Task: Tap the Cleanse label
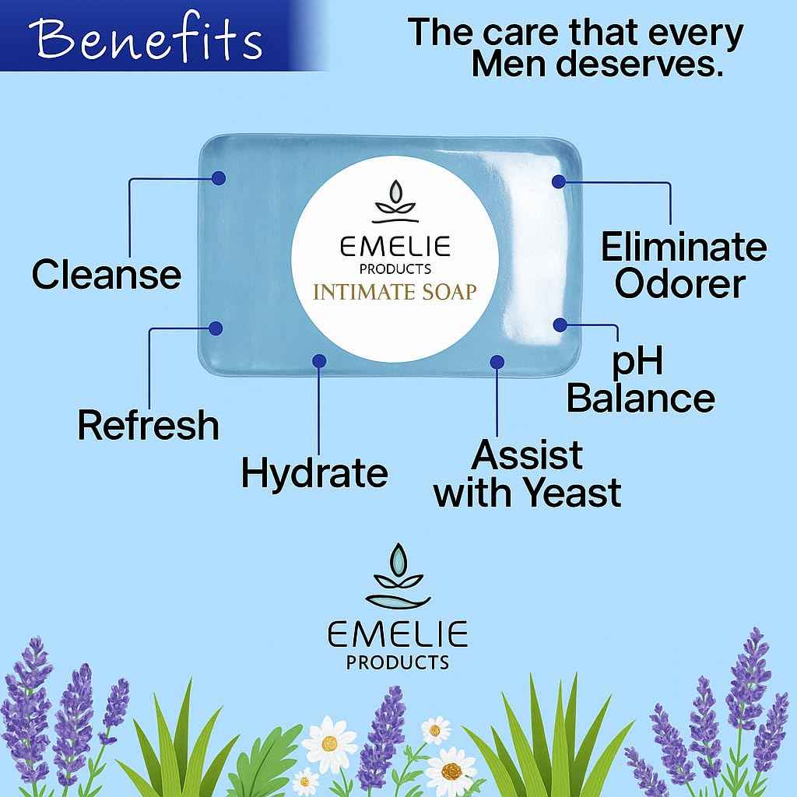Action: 107,275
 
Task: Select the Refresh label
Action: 148,426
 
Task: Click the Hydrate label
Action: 314,472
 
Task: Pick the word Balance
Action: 640,398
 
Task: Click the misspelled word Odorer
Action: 679,285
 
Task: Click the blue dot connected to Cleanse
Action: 218,178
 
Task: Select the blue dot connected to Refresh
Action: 217,328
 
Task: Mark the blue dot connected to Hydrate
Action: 318,360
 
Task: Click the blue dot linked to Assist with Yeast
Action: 497,361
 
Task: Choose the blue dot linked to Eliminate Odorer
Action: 558,181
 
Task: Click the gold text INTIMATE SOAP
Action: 395,292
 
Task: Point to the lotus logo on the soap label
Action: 395,199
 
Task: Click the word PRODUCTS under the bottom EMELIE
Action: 398,662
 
